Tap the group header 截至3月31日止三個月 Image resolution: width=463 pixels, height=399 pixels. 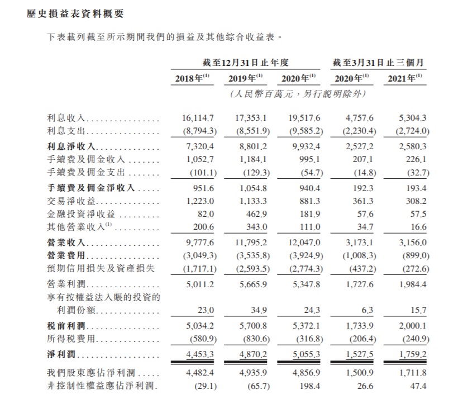(x=378, y=62)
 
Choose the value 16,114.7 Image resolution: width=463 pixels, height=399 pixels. (x=198, y=118)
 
